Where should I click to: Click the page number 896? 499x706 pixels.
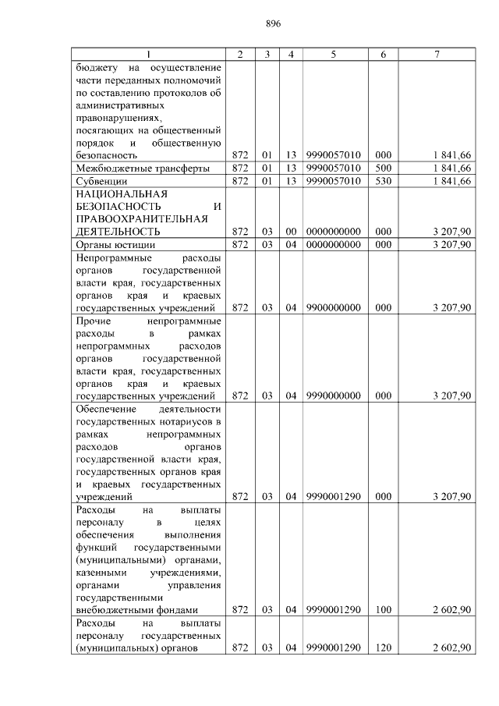tap(272, 23)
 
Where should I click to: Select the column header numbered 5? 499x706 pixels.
tap(334, 54)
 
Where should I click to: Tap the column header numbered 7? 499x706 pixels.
tap(437, 54)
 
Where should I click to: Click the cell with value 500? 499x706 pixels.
tap(383, 168)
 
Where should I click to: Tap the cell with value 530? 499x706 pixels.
tap(383, 181)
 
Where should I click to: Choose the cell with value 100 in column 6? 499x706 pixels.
tap(383, 610)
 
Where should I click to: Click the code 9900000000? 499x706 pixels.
tap(334, 307)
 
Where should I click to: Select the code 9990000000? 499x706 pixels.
tap(334, 396)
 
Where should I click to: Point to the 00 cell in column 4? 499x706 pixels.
tap(290, 232)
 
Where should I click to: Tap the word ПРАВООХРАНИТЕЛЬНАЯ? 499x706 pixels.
tap(141, 219)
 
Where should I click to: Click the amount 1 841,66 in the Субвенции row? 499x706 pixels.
tap(452, 181)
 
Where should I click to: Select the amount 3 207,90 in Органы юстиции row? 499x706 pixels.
tap(452, 244)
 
